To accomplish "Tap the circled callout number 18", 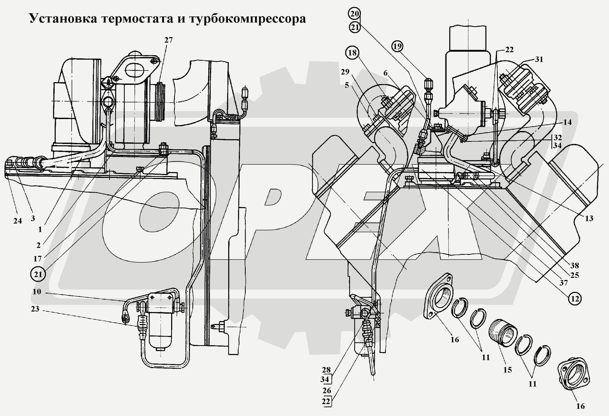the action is [352, 53].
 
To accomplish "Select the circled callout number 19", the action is [397, 46].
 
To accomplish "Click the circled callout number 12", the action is [575, 299].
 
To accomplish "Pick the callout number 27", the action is [168, 40].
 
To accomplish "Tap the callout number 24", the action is [18, 221].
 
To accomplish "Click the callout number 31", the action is [539, 59].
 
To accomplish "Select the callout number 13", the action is [589, 218].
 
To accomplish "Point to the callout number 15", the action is [508, 370].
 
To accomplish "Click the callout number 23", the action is [35, 309].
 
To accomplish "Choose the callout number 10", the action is [37, 292].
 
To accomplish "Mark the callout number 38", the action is [575, 265].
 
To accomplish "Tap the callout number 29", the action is [345, 72].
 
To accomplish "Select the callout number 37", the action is [564, 283].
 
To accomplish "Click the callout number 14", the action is [567, 122].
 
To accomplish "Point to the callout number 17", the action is [38, 259].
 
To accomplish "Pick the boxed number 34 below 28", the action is [325, 379].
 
